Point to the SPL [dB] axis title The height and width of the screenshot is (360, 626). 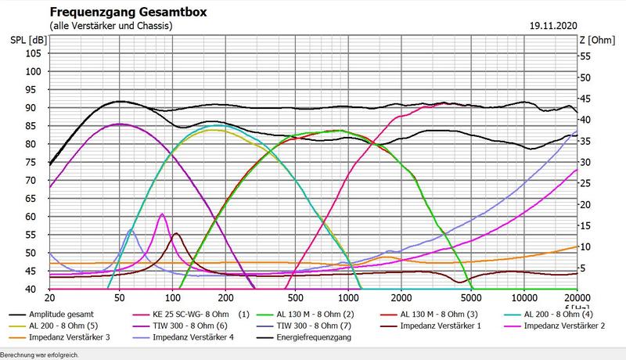click(28, 40)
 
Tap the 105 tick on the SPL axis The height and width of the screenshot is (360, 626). click(33, 53)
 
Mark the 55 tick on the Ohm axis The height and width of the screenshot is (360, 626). click(585, 56)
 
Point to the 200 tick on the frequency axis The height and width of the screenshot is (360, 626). click(226, 298)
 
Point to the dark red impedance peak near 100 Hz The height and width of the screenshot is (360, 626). click(176, 233)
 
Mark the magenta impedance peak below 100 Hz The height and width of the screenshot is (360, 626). click(162, 214)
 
